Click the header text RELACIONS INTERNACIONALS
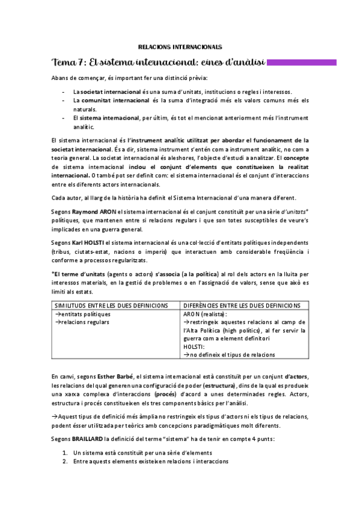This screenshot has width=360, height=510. [180, 46]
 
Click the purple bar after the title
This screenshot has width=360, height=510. [310, 61]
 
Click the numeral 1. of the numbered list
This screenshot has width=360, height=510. [65, 452]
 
